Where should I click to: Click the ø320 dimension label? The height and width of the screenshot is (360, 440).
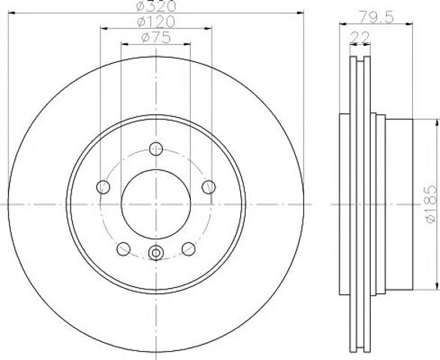[x=156, y=5]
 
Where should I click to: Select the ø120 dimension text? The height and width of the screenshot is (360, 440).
[x=156, y=22]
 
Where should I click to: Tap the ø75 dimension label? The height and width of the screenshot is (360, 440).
[x=156, y=37]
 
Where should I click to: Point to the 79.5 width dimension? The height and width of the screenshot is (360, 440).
[x=377, y=17]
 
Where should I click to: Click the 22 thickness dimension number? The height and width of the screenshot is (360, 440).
[x=360, y=37]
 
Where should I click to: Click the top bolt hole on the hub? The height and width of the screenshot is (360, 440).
[x=156, y=148]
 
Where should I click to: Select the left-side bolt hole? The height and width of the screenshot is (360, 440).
[x=103, y=187]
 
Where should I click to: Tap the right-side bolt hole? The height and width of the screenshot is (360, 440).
[x=209, y=187]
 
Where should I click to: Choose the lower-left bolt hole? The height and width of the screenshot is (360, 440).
[x=123, y=249]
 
